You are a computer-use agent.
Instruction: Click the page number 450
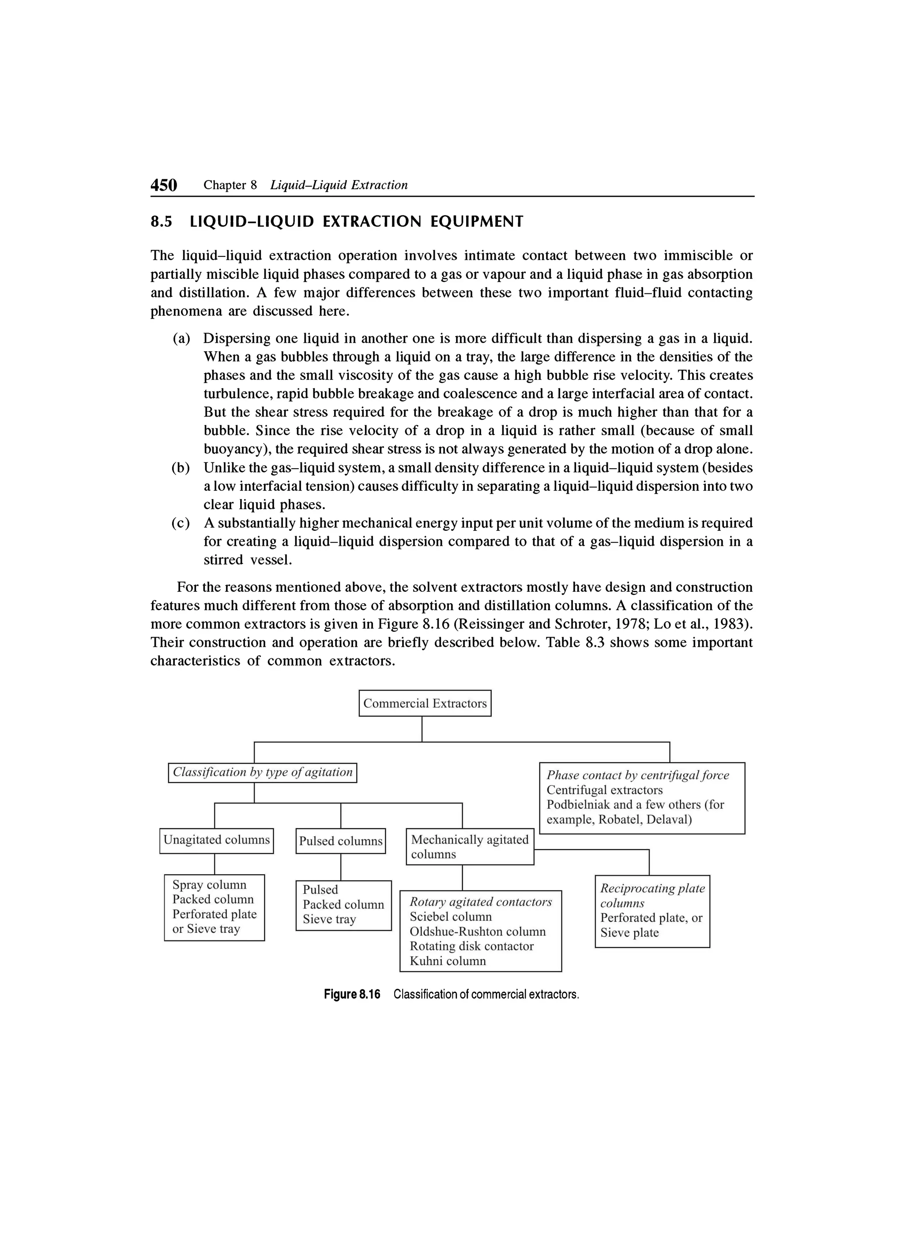(x=164, y=185)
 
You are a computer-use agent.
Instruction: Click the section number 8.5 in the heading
(x=161, y=222)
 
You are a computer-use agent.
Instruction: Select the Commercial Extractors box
(x=425, y=703)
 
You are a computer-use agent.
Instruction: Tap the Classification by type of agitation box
(x=262, y=772)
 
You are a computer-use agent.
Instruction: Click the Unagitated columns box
(x=217, y=840)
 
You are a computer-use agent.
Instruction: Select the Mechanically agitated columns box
(x=470, y=847)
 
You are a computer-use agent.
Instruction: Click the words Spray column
(x=209, y=885)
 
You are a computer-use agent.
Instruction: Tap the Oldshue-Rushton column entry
(x=478, y=932)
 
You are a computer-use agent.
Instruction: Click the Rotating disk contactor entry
(x=471, y=946)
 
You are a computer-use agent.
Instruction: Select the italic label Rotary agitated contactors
(x=481, y=902)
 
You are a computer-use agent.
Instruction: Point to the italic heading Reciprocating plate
(x=652, y=888)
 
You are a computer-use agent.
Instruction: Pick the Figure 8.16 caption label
(x=351, y=995)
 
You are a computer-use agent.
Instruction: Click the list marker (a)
(x=181, y=339)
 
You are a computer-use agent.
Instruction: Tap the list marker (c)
(x=181, y=523)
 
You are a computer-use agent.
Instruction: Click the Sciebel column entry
(x=451, y=917)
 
